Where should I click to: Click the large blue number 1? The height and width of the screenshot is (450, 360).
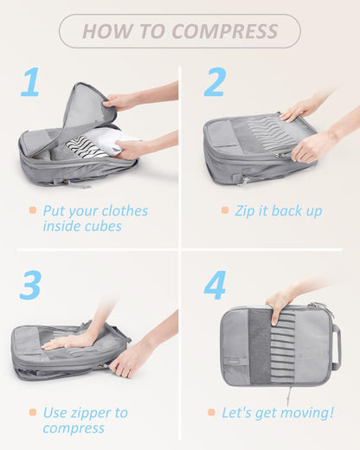click(31, 83)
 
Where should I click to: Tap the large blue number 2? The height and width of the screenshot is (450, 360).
click(215, 82)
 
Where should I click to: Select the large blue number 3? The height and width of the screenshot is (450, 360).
click(30, 286)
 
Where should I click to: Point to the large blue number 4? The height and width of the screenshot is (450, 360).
click(215, 286)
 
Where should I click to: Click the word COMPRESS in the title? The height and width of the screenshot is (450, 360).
click(224, 32)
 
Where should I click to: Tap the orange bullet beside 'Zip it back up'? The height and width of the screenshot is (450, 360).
click(225, 210)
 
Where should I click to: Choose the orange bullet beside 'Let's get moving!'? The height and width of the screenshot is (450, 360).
click(212, 413)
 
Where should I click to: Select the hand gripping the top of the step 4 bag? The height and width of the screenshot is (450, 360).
click(281, 303)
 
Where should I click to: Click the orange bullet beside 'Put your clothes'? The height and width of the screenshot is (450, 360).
click(32, 210)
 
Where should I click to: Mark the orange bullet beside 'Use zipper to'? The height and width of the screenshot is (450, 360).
click(32, 413)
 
